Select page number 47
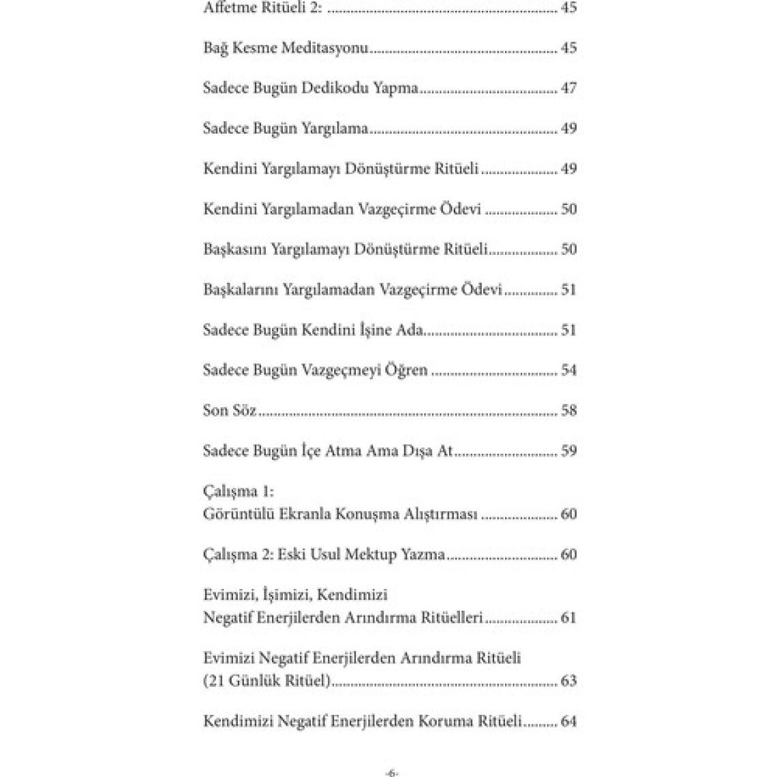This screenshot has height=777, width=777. click(568, 88)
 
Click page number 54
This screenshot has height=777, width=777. click(568, 370)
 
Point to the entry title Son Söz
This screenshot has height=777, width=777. click(230, 410)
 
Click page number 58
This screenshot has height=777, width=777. click(568, 410)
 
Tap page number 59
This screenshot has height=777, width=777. click(568, 451)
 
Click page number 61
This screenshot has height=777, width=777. click(568, 618)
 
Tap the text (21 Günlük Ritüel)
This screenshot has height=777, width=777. click(267, 681)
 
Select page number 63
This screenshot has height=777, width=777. click(568, 681)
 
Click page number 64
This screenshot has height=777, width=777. click(568, 721)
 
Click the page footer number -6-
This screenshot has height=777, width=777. click(391, 773)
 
